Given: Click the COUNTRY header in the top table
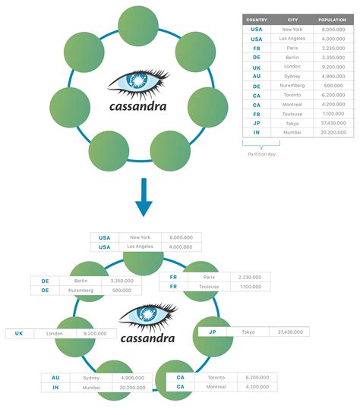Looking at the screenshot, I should [256, 19].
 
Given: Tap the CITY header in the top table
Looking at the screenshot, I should [292, 19].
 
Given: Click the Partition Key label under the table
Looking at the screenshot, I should [261, 153].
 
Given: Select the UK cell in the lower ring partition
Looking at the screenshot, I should [20, 333].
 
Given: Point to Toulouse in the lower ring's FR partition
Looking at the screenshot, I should [209, 288].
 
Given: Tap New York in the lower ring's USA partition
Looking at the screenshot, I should [141, 237].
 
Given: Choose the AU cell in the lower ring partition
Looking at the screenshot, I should [55, 377].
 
